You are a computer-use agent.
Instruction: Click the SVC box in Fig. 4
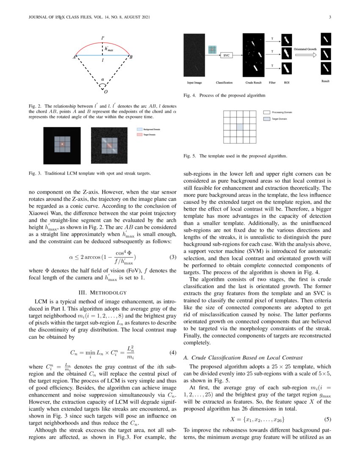pyautogui.click(x=227, y=55)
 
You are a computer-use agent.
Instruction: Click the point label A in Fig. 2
pyautogui.click(x=75, y=57)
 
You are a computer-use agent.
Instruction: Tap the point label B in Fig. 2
pyautogui.click(x=131, y=57)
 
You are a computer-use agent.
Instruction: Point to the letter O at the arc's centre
pyautogui.click(x=105, y=92)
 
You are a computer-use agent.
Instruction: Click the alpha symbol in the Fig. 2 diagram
pyautogui.click(x=102, y=78)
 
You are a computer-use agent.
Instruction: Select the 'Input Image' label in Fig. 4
pyautogui.click(x=194, y=82)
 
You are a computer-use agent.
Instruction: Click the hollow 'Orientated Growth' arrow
pyautogui.click(x=305, y=55)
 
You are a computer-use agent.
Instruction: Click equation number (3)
pyautogui.click(x=172, y=257)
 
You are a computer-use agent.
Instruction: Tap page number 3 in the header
pyautogui.click(x=329, y=17)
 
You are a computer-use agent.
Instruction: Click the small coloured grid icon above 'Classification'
pyautogui.click(x=212, y=50)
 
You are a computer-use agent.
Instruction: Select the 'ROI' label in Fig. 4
pyautogui.click(x=286, y=82)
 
